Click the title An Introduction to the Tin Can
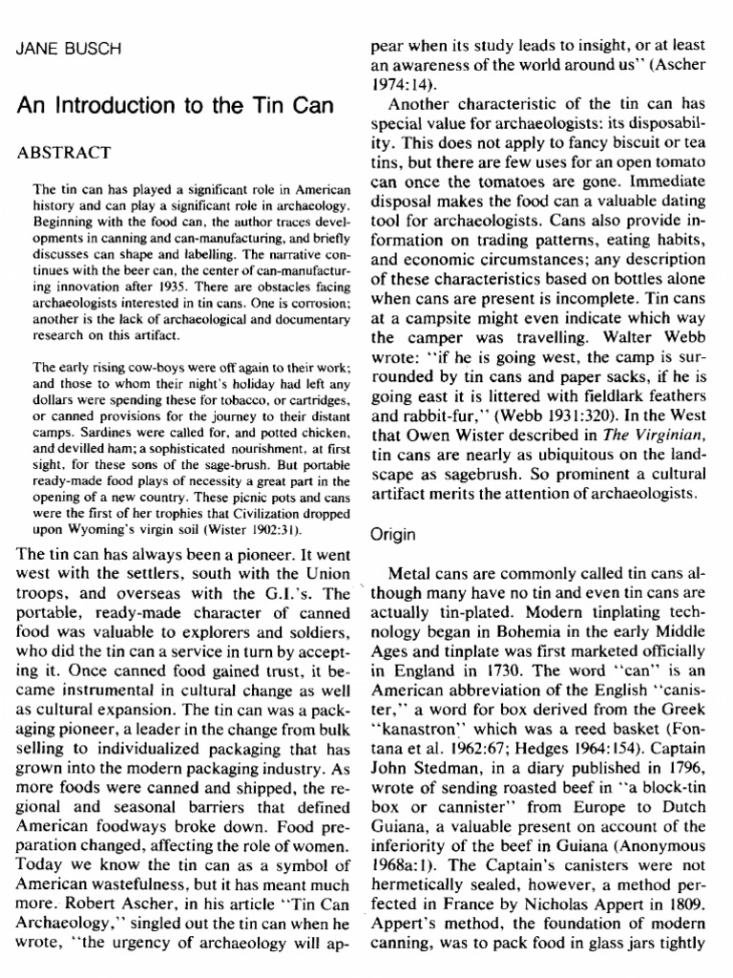[176, 106]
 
